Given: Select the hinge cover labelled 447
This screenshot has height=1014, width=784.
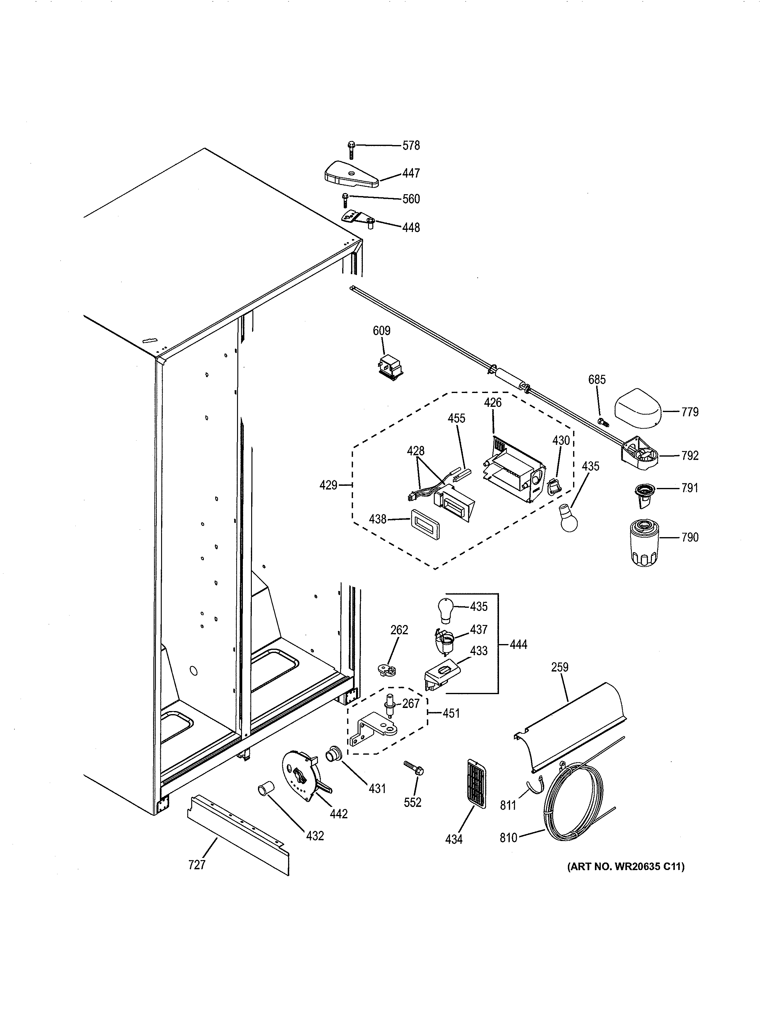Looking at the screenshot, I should [351, 175].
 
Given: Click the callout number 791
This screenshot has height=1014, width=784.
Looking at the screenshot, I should [689, 488].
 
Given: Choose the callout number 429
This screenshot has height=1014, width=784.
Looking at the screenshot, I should [328, 485].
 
